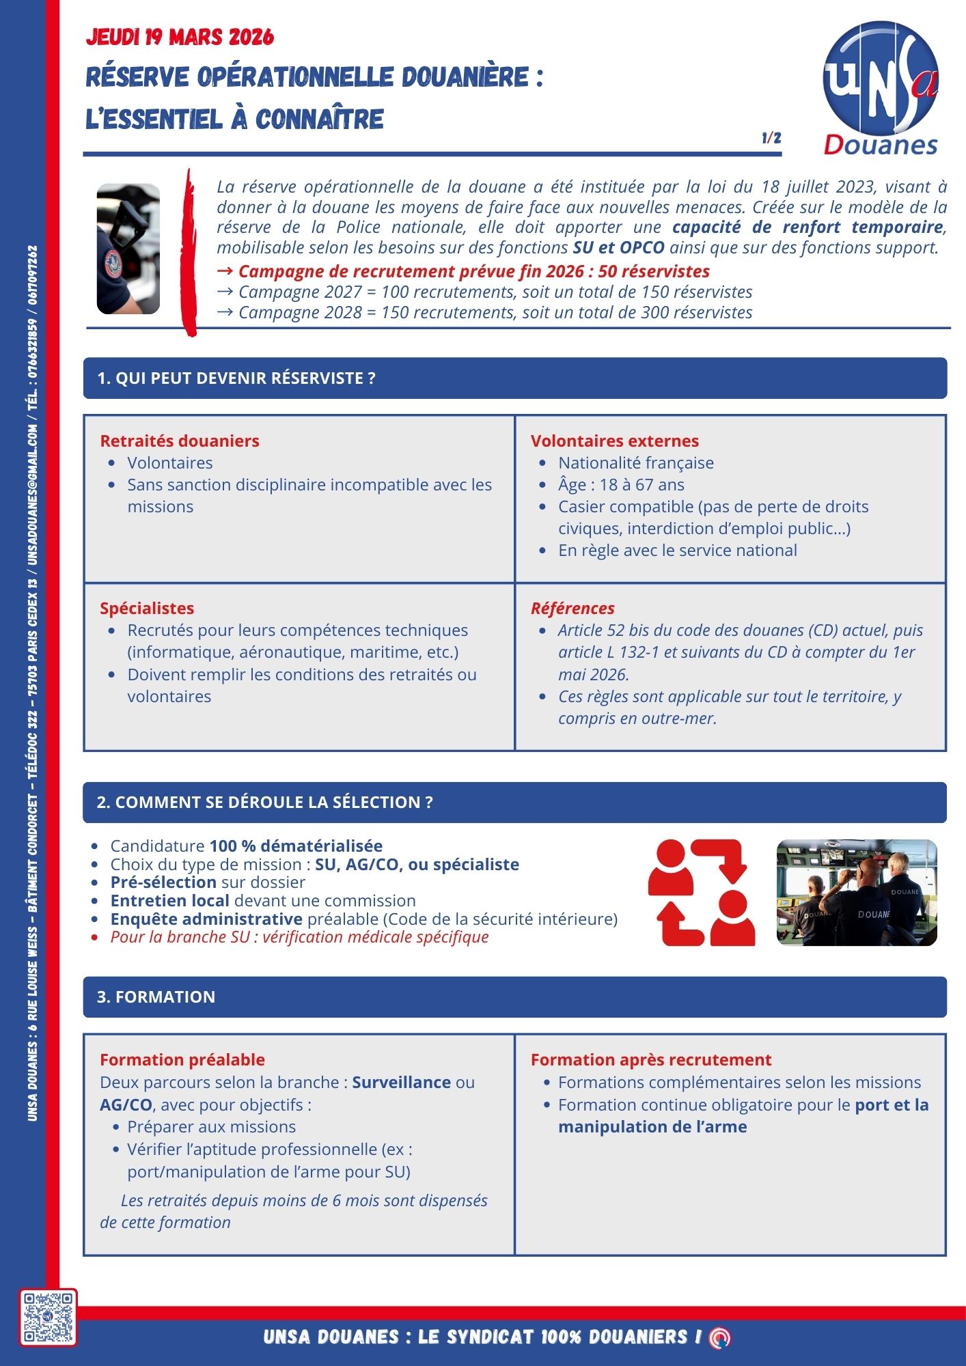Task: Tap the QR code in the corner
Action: (x=48, y=1317)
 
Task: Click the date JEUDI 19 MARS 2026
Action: (x=180, y=37)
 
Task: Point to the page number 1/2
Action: (x=771, y=138)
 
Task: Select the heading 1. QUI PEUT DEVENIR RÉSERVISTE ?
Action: (x=236, y=378)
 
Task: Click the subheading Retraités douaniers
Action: (x=180, y=441)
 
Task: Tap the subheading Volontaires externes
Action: (x=615, y=441)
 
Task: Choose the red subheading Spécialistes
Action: (x=147, y=608)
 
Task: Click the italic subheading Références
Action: (x=572, y=608)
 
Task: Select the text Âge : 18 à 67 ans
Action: (x=621, y=484)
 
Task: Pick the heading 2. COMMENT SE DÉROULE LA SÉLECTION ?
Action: (x=265, y=802)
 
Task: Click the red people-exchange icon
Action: (x=702, y=893)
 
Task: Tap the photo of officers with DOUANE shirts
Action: (x=857, y=893)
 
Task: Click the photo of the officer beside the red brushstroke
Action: (x=128, y=249)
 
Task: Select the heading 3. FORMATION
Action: (x=156, y=996)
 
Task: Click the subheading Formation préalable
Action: (x=182, y=1059)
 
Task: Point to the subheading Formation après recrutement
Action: (x=651, y=1059)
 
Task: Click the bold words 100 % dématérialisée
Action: (x=296, y=846)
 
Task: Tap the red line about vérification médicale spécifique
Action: (x=300, y=936)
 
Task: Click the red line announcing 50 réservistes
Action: (x=474, y=271)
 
